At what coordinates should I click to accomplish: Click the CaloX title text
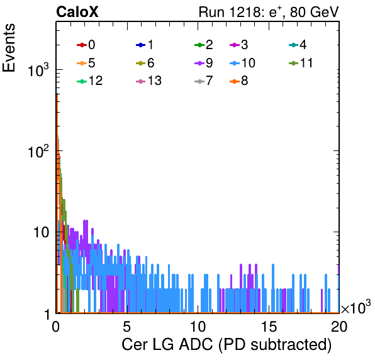click(x=77, y=12)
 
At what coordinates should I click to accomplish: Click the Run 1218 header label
click(x=269, y=12)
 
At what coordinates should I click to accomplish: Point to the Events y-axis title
click(x=9, y=48)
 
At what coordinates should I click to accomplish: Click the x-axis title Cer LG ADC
click(x=227, y=345)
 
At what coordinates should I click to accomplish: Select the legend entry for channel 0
click(x=86, y=45)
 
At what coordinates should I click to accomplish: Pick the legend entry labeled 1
click(x=145, y=45)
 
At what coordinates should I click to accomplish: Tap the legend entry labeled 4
click(x=298, y=45)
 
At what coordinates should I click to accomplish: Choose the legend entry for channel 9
click(x=204, y=63)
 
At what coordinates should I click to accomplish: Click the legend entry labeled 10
click(x=242, y=63)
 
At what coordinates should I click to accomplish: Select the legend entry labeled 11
click(x=301, y=63)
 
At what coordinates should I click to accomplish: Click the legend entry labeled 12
click(x=90, y=81)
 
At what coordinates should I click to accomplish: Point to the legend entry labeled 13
click(x=148, y=81)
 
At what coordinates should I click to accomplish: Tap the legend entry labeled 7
click(x=204, y=81)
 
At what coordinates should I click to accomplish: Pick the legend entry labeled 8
click(x=239, y=81)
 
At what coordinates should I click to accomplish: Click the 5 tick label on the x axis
click(x=126, y=326)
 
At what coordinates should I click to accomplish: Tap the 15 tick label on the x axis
click(x=269, y=326)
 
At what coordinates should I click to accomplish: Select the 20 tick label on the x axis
click(x=339, y=326)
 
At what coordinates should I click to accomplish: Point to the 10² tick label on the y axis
click(x=38, y=150)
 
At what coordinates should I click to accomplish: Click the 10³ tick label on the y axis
click(x=38, y=70)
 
